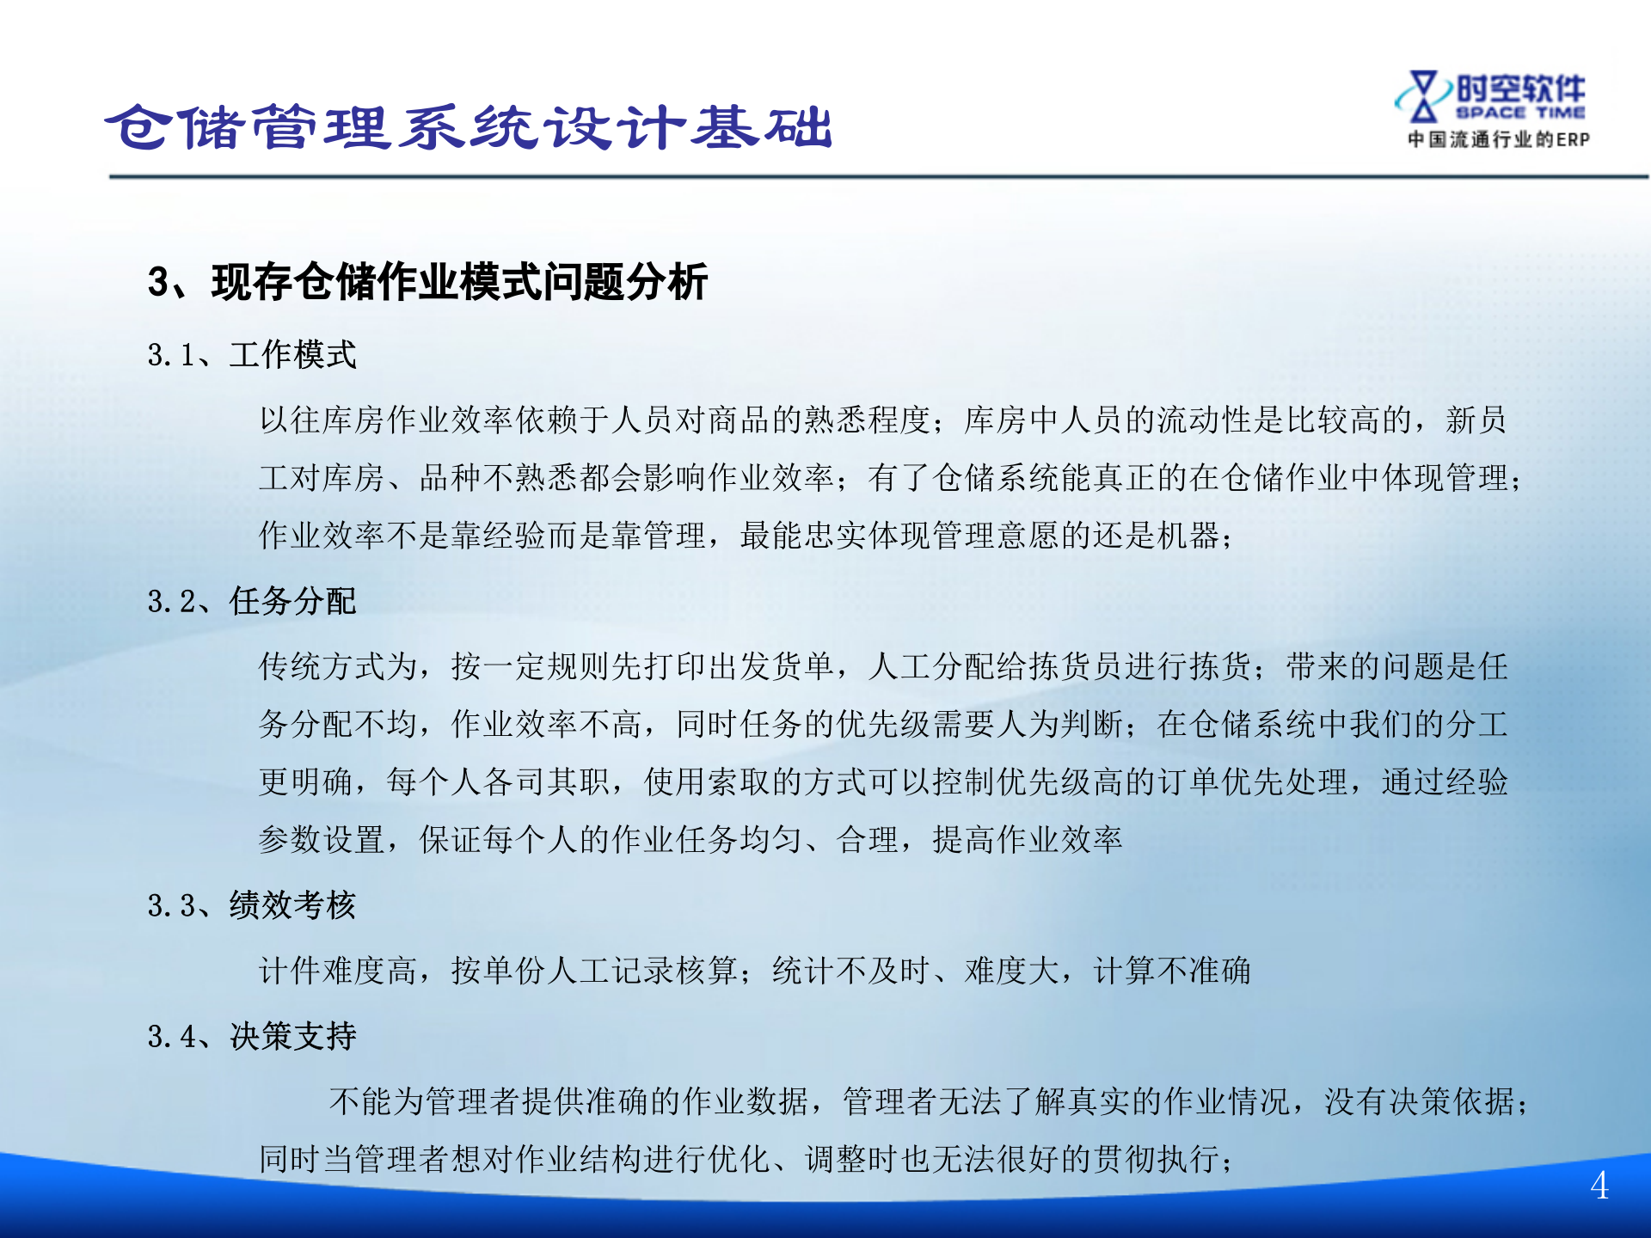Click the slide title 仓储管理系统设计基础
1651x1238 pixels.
[469, 127]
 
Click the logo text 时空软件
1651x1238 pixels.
[1520, 89]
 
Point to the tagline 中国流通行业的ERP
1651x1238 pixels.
[1498, 139]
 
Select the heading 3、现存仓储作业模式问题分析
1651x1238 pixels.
[427, 282]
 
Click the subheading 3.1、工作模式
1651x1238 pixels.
[251, 355]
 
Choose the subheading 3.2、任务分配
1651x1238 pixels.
[251, 602]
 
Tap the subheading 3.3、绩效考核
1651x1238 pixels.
[251, 905]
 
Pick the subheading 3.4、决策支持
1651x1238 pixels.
[251, 1037]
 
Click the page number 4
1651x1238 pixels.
[1599, 1186]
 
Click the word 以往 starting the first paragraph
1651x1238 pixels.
[291, 420]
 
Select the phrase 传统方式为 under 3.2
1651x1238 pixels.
[338, 667]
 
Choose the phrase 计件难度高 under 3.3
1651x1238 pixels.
[338, 971]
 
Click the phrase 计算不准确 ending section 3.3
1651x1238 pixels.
[1172, 971]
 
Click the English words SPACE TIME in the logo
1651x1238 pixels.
[1520, 113]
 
